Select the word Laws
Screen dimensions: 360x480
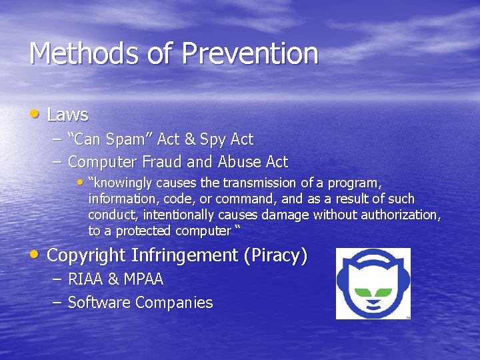coord(67,115)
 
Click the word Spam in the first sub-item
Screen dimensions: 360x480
coord(132,139)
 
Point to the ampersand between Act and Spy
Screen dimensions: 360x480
coord(189,139)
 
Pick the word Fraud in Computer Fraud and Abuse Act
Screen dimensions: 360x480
coord(157,161)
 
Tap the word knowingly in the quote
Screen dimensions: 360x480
coord(124,183)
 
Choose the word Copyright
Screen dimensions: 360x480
coord(87,255)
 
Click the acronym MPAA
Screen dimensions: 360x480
coord(143,279)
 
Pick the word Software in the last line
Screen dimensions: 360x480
coord(99,303)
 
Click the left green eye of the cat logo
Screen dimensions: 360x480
coord(359,291)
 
